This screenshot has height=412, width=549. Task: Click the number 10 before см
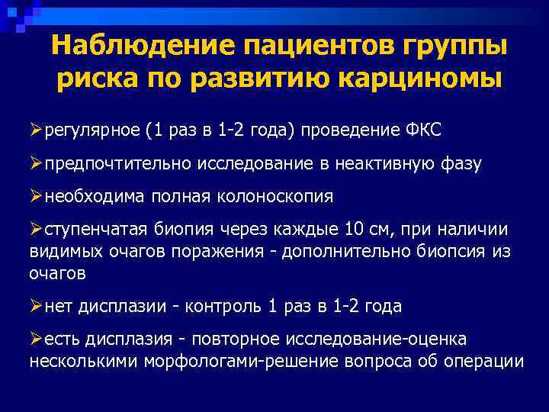tap(353, 229)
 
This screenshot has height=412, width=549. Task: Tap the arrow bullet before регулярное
tap(36, 130)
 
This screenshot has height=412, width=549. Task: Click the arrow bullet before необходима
tap(36, 196)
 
